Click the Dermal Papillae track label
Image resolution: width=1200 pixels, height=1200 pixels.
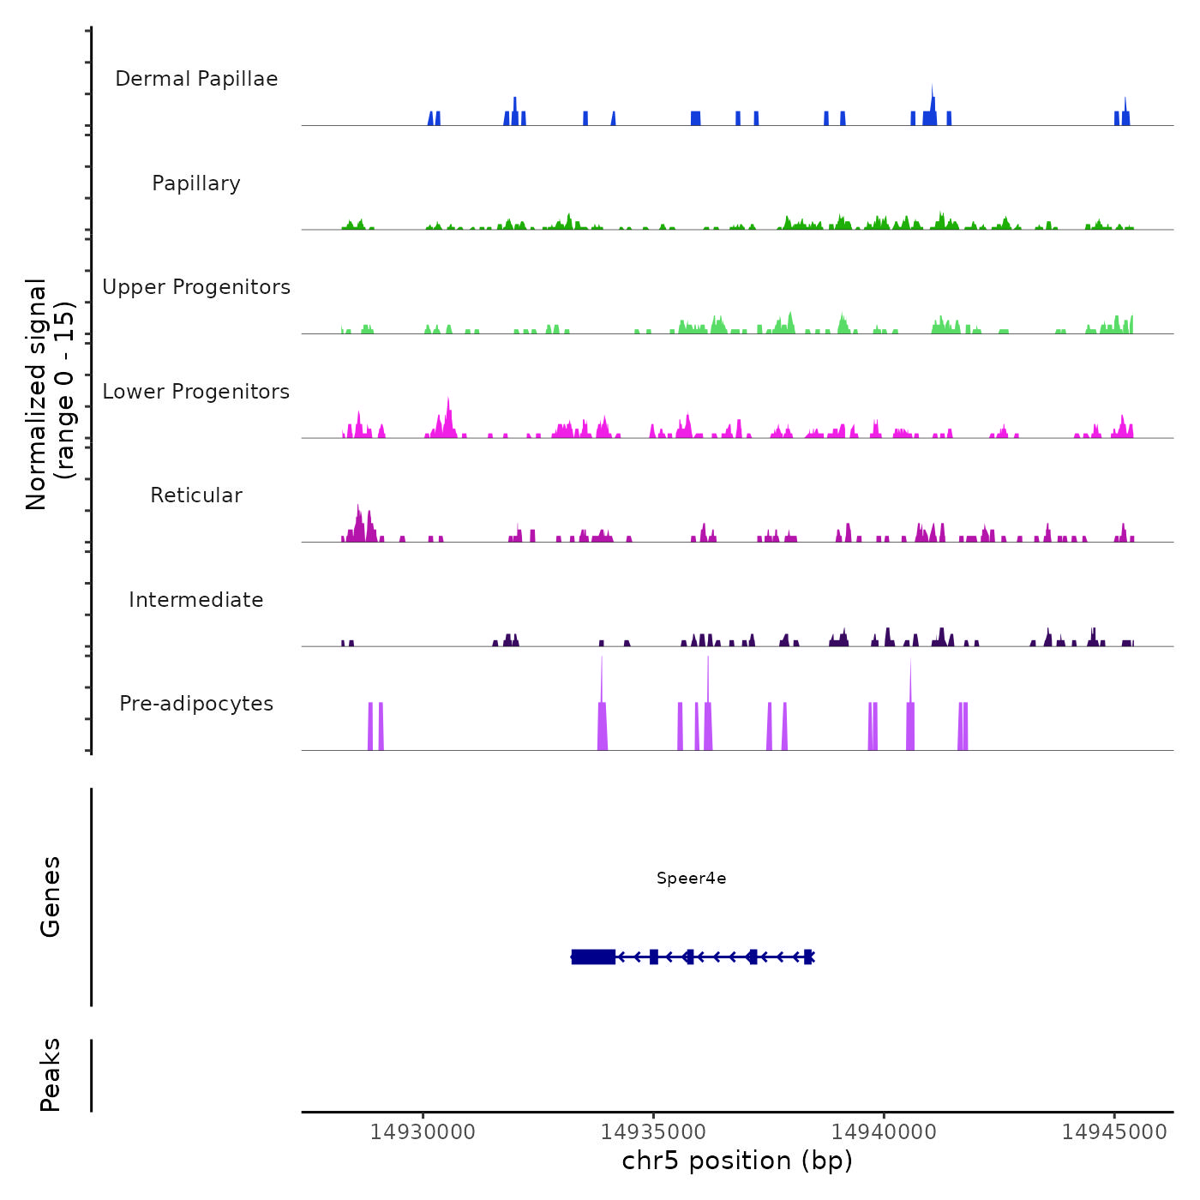coord(196,79)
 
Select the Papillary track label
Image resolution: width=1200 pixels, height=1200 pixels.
coord(196,183)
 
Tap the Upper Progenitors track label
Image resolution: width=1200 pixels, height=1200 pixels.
coord(196,287)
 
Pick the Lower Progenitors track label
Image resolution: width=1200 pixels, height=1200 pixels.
coord(196,392)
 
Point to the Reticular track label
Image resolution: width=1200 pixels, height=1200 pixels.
coord(196,495)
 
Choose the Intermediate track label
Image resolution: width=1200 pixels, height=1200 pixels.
coord(196,600)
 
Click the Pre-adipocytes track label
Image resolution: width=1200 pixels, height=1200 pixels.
coord(196,704)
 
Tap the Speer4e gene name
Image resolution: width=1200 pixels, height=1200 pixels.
coord(691,878)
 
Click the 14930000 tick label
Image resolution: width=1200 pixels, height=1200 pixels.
coord(423,1131)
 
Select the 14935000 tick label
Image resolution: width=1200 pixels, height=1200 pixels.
coord(653,1131)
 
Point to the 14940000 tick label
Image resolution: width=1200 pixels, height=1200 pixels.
coord(884,1131)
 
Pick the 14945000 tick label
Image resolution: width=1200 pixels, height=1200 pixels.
coord(1114,1131)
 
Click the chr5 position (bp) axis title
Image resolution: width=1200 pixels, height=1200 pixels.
coord(737,1161)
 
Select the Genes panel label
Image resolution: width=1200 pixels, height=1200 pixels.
coord(51,897)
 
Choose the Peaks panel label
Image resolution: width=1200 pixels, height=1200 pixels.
coord(51,1075)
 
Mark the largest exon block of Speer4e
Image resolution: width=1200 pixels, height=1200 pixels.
coord(593,957)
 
